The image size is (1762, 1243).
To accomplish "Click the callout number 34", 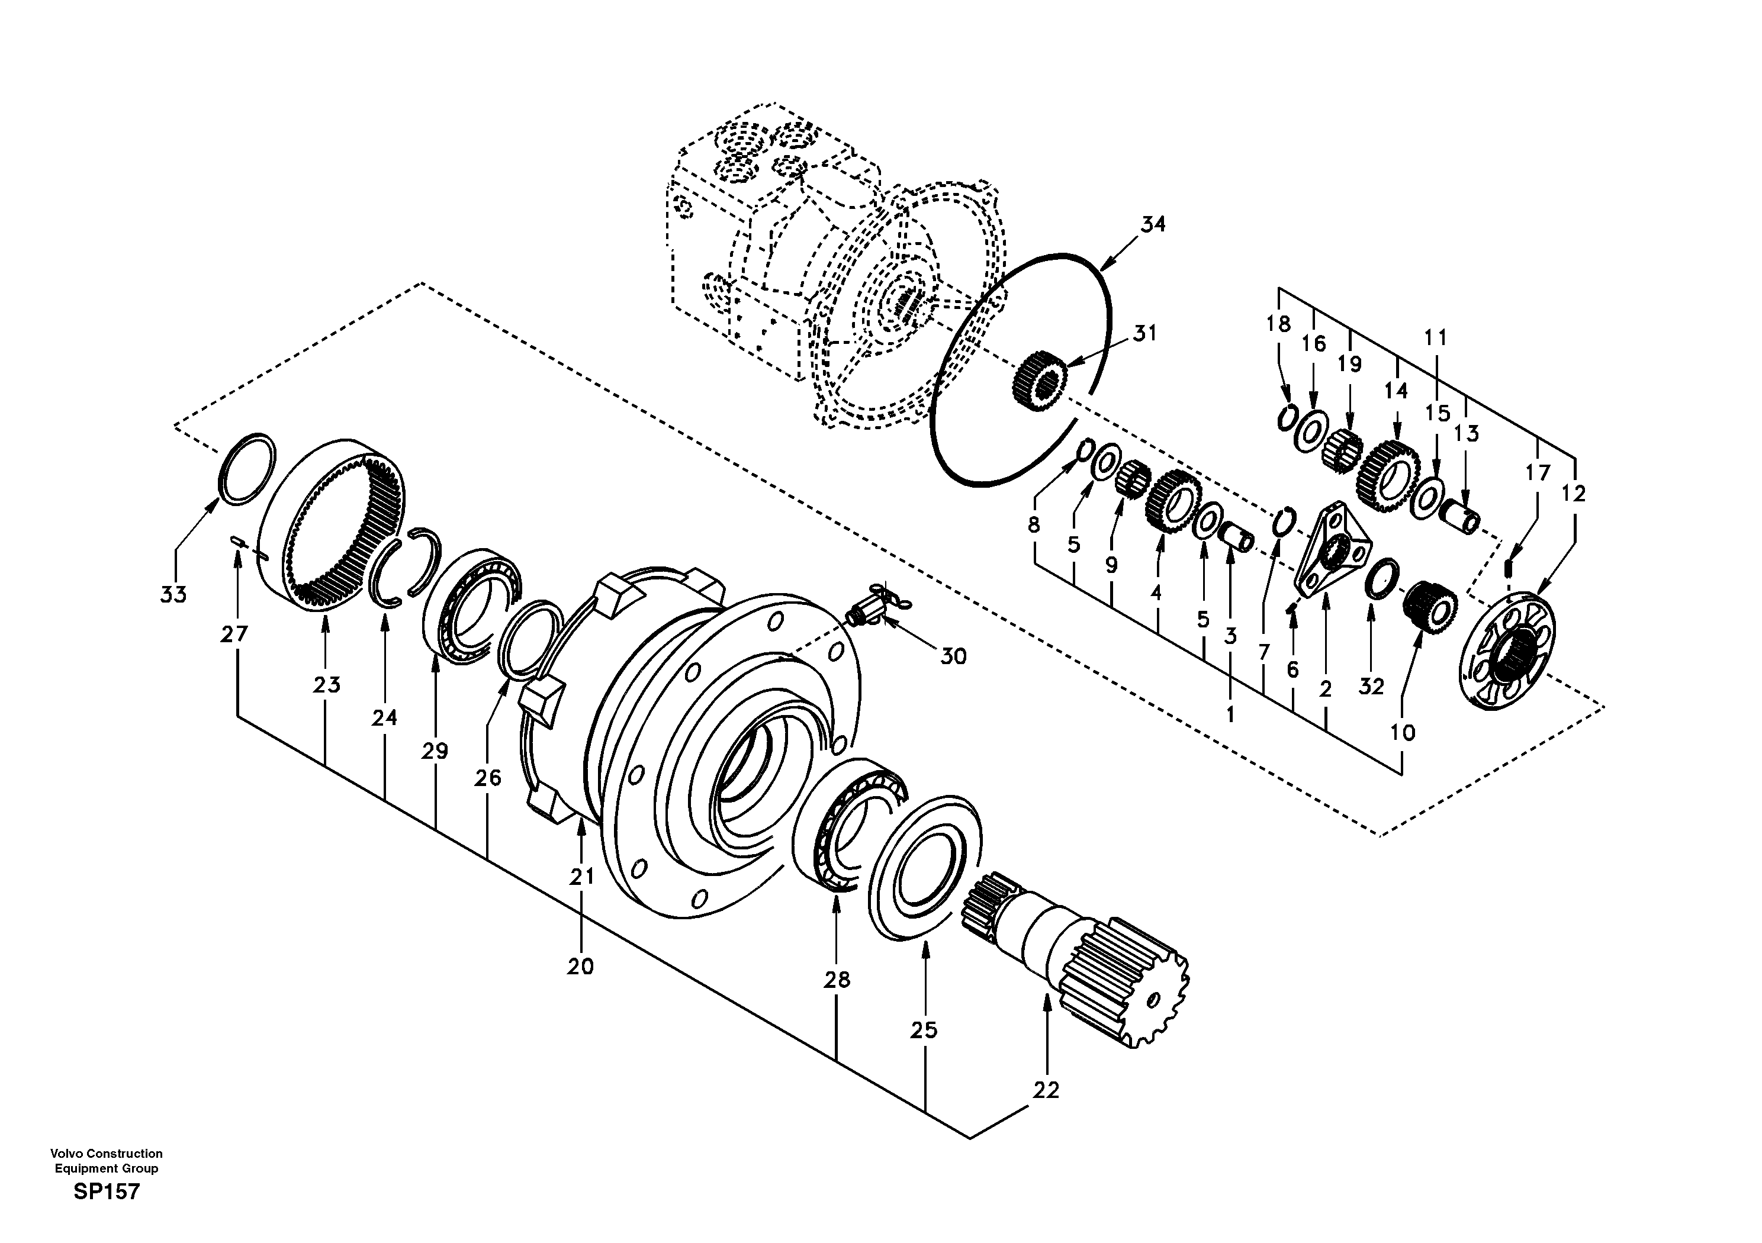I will pos(1153,224).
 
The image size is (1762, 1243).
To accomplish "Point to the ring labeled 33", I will pos(246,469).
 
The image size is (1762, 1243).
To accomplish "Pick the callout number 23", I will pos(326,684).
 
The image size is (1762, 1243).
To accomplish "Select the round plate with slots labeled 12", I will pos(1510,652).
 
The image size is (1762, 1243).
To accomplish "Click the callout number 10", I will pos(1402,733).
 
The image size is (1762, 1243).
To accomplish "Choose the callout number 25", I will pos(924,1031).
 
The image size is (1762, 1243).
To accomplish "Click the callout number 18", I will pos(1278,324).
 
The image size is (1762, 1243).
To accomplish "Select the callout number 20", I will pos(581,967).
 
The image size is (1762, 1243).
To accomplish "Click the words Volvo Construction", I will pos(106,1153).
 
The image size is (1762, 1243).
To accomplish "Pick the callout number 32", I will pos(1371,687).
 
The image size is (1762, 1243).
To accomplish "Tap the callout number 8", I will pos(1034,525).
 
